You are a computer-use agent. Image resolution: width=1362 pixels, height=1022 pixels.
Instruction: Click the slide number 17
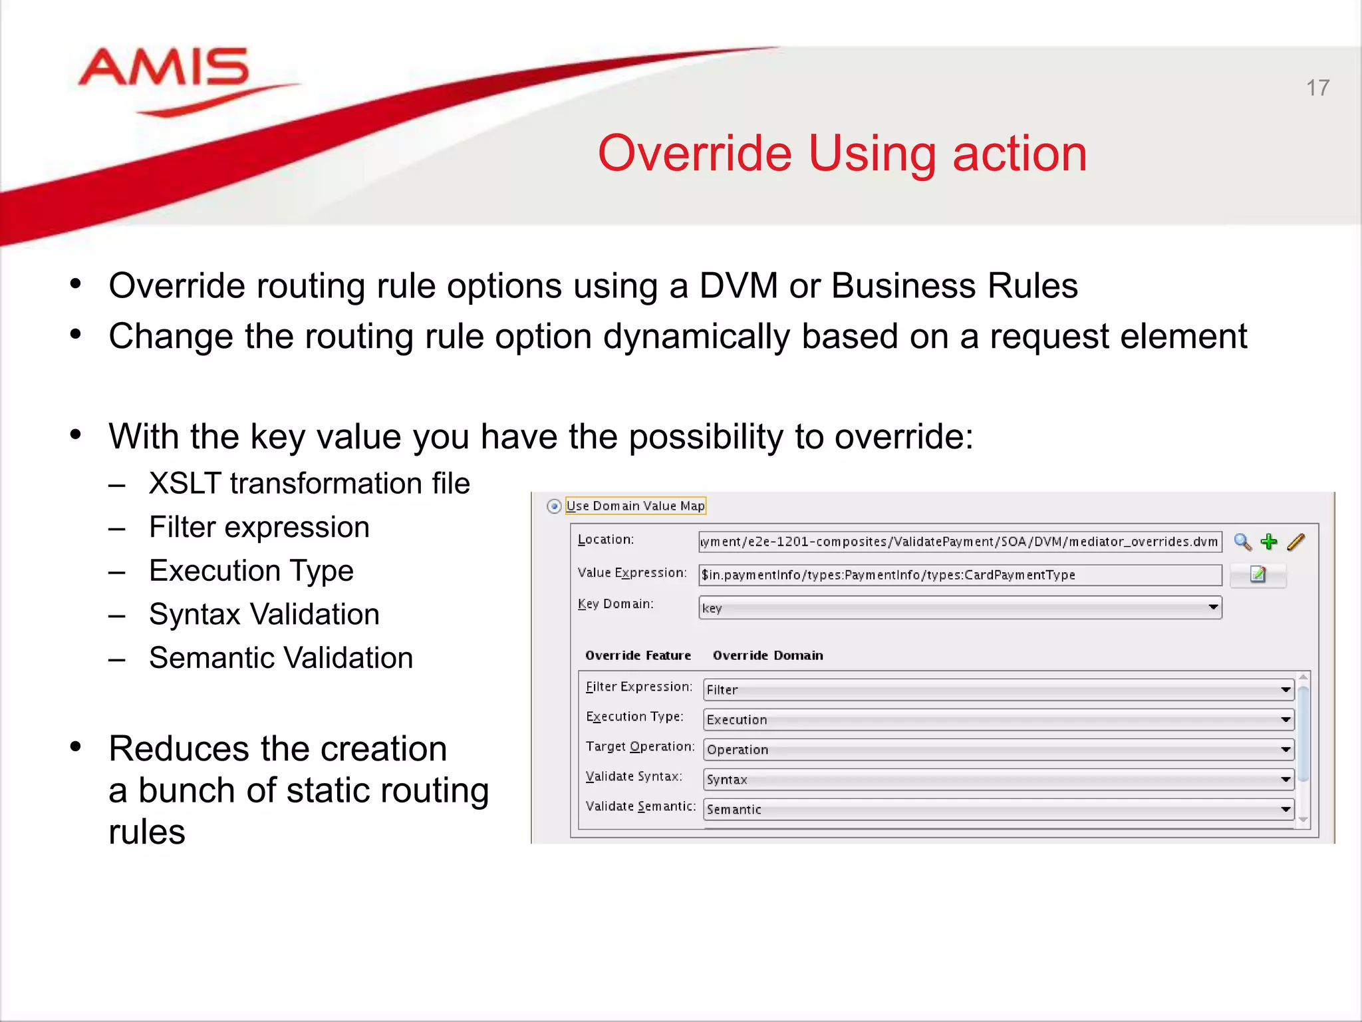click(1317, 88)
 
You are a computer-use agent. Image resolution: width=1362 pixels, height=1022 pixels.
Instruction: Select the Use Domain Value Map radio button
click(554, 506)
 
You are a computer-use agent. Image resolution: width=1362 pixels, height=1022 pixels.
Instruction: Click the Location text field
click(959, 542)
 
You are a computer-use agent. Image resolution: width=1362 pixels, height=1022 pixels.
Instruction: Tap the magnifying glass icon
click(1242, 542)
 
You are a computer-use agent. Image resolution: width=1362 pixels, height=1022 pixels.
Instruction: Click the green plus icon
click(1269, 542)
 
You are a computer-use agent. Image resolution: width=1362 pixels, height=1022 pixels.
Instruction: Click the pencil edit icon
click(1296, 542)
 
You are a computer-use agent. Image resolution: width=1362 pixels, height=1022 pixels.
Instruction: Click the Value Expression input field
click(959, 575)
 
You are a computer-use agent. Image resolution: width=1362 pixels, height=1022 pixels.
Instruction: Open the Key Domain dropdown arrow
click(1212, 607)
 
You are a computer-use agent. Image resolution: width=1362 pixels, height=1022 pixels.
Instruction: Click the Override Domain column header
click(767, 655)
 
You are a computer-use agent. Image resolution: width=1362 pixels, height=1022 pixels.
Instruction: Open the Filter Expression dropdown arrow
click(1286, 689)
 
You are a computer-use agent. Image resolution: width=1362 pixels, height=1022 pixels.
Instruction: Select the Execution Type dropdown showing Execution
click(998, 719)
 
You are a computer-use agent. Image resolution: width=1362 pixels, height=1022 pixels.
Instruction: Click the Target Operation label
click(640, 747)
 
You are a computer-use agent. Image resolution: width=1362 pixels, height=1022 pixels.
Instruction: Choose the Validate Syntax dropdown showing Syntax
click(998, 779)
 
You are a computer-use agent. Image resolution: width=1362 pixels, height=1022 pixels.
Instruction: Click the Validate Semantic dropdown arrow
click(1286, 809)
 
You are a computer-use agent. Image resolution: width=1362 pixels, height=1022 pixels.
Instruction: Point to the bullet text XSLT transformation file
click(309, 484)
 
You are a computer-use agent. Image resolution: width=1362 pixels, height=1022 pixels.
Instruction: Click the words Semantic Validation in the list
click(281, 658)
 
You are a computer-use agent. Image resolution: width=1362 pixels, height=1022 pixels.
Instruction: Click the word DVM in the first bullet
click(738, 286)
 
